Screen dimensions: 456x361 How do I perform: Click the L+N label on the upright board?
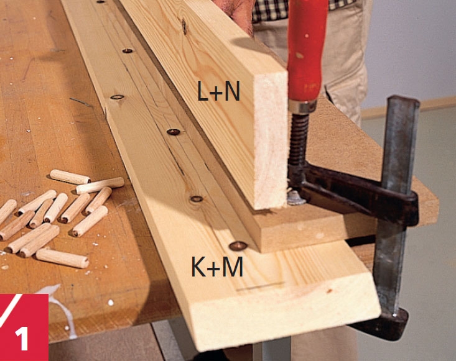coord(219,91)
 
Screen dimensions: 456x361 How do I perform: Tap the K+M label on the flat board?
coord(217,267)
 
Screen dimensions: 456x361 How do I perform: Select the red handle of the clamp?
coord(307,51)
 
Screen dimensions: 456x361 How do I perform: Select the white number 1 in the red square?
coord(22,339)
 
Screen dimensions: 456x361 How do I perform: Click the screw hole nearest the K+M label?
coord(238,246)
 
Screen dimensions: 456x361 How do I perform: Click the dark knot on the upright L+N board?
coord(184,25)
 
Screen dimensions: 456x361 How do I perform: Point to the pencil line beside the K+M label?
coord(260,286)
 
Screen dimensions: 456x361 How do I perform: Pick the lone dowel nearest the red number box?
coord(62,258)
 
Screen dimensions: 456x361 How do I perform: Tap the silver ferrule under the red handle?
coord(302,107)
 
